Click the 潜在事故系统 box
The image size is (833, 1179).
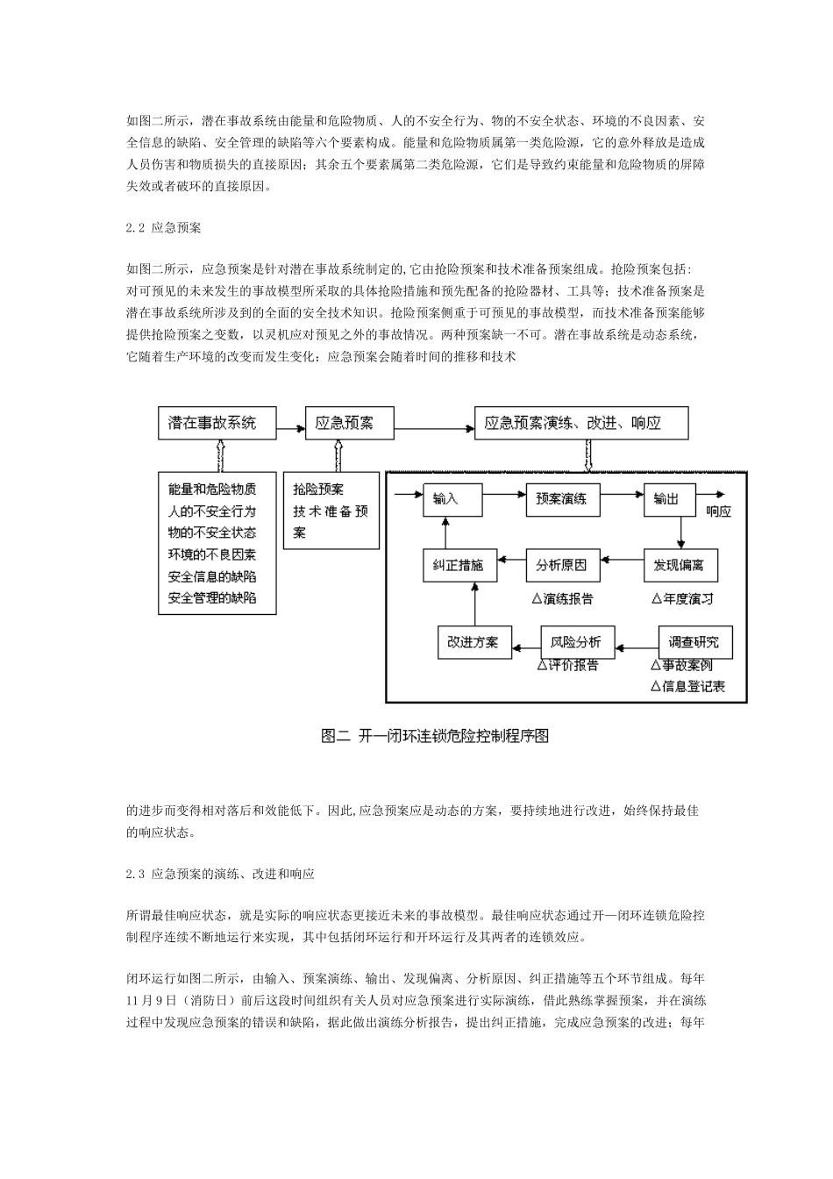click(217, 423)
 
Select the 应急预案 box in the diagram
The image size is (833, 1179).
click(349, 423)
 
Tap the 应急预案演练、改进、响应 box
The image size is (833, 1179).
click(580, 423)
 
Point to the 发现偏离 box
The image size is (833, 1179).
click(680, 566)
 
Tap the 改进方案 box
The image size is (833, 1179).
click(474, 642)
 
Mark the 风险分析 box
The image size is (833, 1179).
click(577, 642)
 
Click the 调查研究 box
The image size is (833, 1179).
click(694, 642)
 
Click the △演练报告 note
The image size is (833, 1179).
click(562, 599)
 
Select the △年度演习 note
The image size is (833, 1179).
click(682, 599)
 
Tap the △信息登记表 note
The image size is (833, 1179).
click(688, 687)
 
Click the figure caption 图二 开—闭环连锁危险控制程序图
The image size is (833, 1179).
click(436, 736)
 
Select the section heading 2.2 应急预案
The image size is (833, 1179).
click(164, 228)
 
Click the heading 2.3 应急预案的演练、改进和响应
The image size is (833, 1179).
click(220, 875)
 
